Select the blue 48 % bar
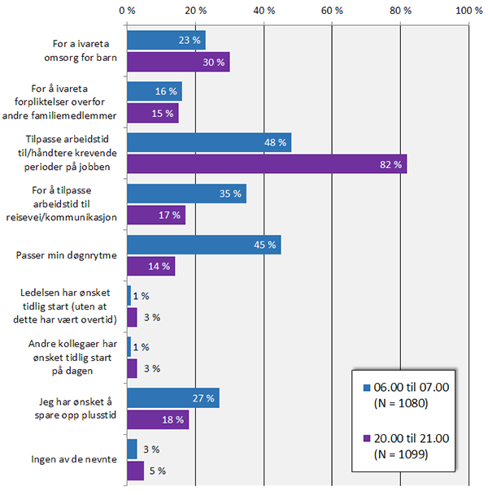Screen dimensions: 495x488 209,143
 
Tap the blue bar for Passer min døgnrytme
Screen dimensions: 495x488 203,245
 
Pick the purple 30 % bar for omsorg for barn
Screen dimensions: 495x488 178,62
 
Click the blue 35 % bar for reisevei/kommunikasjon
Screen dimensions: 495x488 186,194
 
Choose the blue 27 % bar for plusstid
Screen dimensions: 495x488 173,398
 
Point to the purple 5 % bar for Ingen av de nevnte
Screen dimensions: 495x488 136,470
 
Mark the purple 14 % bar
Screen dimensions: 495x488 150,266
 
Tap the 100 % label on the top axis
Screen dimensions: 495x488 469,11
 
